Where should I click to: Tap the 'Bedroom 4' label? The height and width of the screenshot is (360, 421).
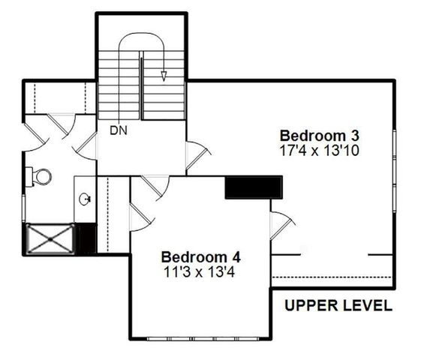[x=200, y=254]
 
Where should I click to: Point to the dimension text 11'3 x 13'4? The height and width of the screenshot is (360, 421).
[x=200, y=271]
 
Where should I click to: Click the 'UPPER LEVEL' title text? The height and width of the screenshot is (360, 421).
[x=338, y=305]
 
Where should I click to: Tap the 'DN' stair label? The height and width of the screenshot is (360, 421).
[x=118, y=130]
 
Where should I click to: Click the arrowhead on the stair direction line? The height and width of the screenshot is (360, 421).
[x=164, y=75]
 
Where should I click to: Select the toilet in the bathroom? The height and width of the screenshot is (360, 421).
[x=41, y=177]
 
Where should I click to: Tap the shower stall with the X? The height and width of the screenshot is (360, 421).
[x=50, y=238]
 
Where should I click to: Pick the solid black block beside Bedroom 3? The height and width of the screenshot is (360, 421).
[x=254, y=187]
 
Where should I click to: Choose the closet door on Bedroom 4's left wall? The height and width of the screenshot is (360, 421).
[x=139, y=216]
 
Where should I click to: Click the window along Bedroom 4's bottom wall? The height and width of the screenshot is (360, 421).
[x=200, y=338]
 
